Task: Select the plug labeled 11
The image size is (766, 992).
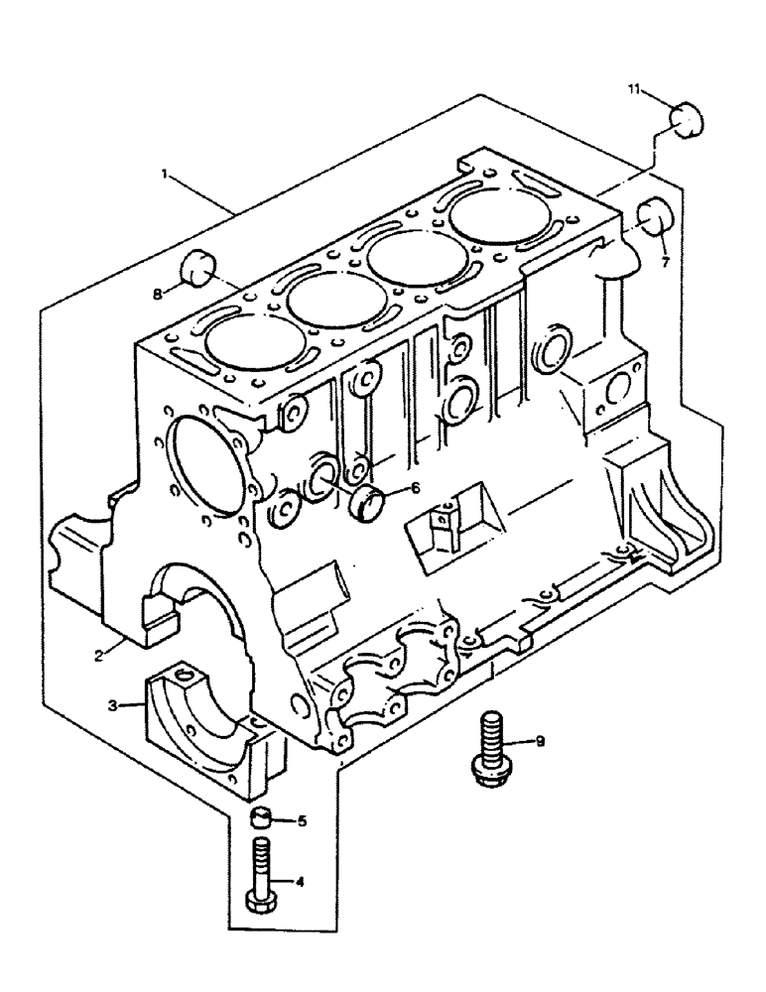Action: coord(684,119)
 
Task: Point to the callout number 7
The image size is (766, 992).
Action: coord(666,262)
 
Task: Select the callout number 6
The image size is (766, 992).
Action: coord(415,487)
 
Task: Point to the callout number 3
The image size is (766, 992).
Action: coord(114,704)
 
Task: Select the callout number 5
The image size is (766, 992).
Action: coord(303,820)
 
